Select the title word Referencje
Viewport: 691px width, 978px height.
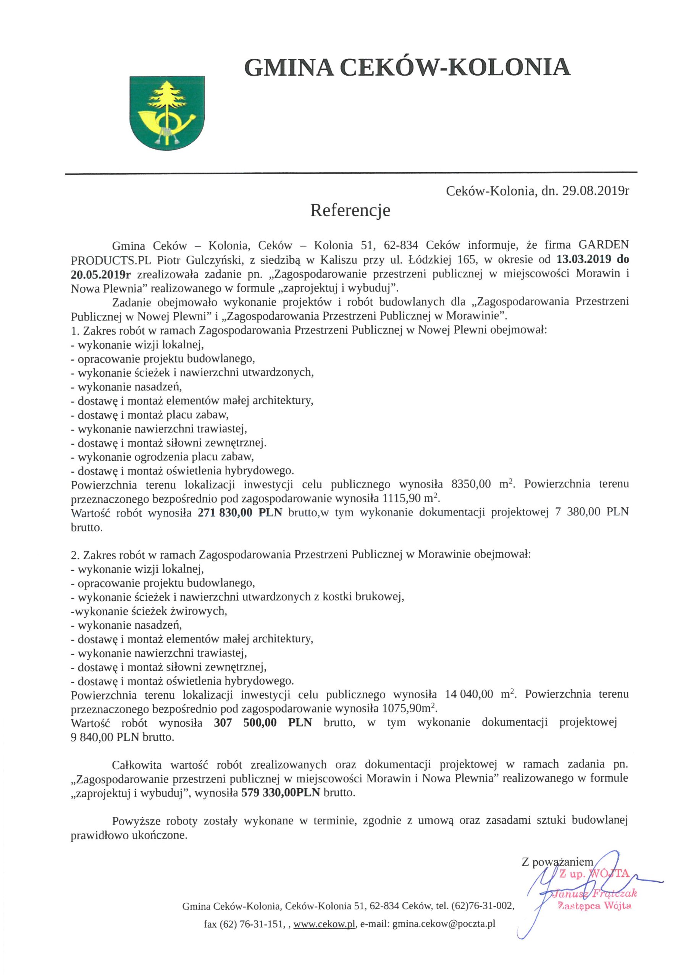tap(350, 210)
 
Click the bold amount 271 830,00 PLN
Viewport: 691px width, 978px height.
tap(240, 512)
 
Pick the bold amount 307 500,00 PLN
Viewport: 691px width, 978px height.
tap(263, 723)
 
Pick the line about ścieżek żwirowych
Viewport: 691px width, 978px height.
tap(149, 611)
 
